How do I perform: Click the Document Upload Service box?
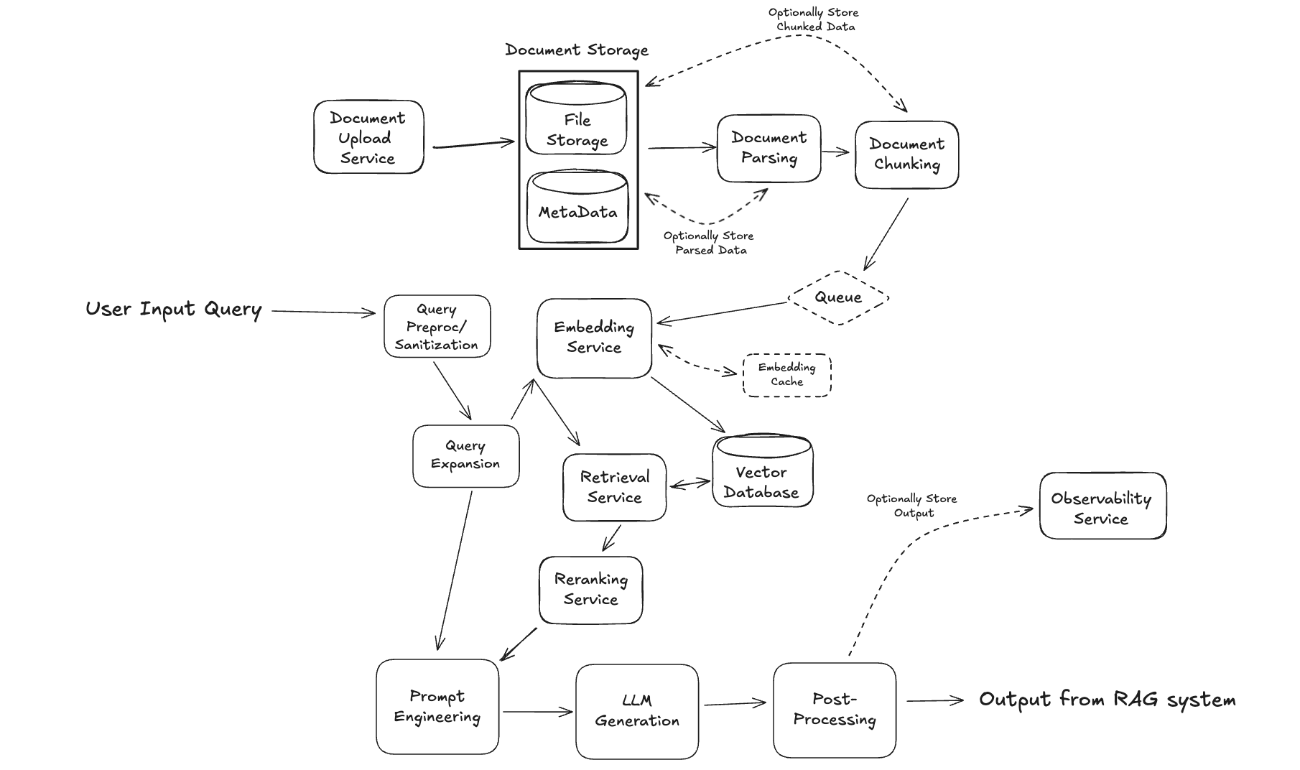(368, 137)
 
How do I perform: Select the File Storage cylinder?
(576, 119)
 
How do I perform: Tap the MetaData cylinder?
(577, 208)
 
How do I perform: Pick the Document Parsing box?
(769, 149)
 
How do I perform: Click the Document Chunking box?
(906, 155)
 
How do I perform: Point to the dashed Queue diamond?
(838, 297)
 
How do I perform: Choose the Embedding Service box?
(594, 338)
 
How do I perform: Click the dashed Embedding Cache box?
(786, 375)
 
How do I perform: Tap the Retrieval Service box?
(614, 488)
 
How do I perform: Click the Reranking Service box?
(590, 590)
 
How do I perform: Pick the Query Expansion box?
(465, 456)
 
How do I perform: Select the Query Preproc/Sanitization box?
(437, 327)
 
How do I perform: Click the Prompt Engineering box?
(437, 707)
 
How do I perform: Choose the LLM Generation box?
(636, 711)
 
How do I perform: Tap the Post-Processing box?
(834, 710)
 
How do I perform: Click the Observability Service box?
(1102, 506)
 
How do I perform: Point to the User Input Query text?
(173, 310)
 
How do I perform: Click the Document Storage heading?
(576, 50)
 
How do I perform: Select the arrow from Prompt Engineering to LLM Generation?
(537, 712)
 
